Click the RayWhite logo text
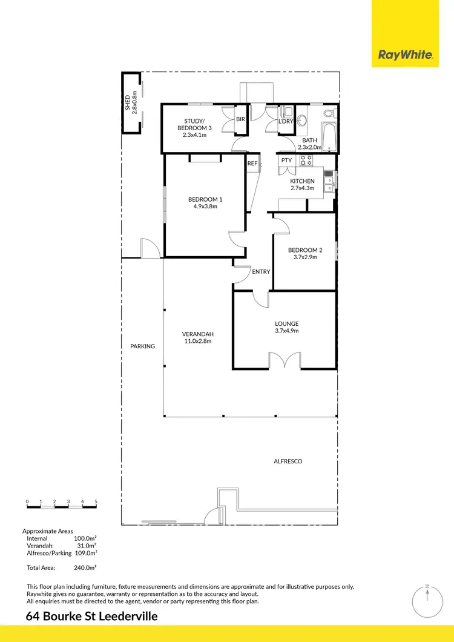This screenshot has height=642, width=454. [406, 55]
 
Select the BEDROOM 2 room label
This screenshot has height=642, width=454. [305, 250]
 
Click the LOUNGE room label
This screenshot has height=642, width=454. [286, 323]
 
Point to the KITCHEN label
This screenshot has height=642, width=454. [302, 181]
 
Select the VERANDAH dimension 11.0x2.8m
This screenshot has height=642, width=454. [198, 342]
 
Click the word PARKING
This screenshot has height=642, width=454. [143, 346]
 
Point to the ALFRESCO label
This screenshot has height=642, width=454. [288, 462]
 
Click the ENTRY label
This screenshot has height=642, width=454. [261, 272]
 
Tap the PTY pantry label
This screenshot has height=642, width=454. [286, 160]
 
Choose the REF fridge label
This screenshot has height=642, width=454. [252, 164]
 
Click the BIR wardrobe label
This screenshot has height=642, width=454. [240, 119]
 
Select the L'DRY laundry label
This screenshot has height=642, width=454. [286, 122]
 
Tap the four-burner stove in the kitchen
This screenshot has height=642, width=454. [306, 161]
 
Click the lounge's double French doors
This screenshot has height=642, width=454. [285, 362]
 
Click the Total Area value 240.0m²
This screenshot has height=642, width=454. [85, 568]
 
